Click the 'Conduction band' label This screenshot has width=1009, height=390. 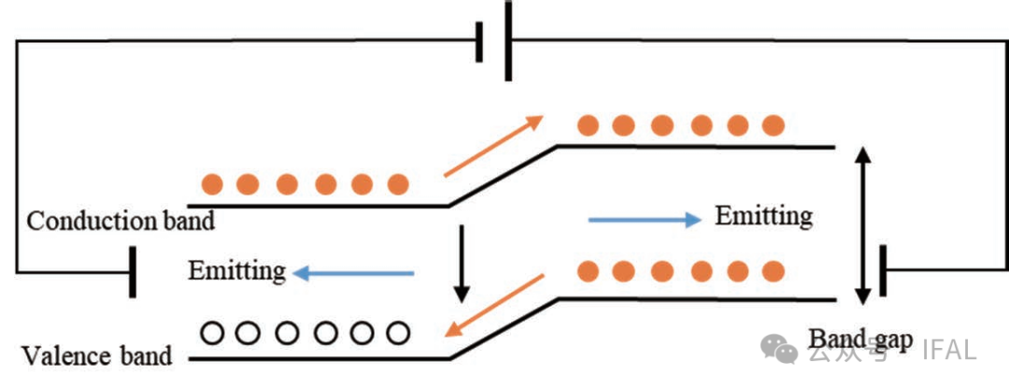[121, 222]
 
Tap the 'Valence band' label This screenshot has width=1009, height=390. [96, 356]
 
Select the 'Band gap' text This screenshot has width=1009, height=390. [860, 339]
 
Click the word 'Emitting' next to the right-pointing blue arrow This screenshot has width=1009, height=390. [763, 216]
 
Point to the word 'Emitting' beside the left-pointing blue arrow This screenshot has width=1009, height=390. [236, 271]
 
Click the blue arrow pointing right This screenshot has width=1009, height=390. [645, 220]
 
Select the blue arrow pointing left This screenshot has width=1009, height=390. [353, 273]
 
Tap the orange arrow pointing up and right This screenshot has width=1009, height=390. [493, 145]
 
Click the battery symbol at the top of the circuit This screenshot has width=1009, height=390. [494, 41]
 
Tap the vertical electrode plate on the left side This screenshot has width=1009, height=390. [133, 272]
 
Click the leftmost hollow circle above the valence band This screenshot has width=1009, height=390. [212, 331]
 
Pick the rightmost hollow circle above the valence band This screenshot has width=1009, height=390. [398, 331]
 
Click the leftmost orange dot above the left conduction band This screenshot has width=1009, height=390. [212, 183]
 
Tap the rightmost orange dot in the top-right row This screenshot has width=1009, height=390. [773, 124]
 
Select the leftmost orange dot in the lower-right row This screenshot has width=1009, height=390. [588, 272]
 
